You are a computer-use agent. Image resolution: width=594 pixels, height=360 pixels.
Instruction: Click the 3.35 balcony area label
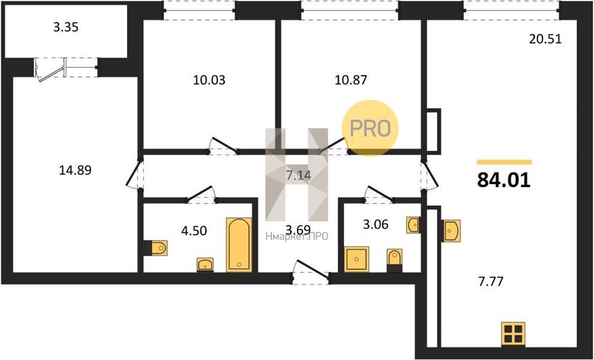click(65, 28)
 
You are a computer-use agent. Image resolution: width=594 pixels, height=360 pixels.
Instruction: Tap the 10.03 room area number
click(209, 80)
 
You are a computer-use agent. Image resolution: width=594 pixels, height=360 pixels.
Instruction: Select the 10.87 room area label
click(351, 80)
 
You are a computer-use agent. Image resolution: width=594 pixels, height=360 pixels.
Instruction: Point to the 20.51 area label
click(545, 39)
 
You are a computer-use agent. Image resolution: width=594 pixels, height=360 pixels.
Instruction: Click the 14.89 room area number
click(76, 171)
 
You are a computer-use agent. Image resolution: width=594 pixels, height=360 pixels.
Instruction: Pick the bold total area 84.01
click(503, 180)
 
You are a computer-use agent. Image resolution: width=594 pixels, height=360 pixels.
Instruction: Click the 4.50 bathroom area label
click(194, 230)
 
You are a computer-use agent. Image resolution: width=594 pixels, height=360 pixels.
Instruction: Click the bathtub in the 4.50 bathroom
click(239, 245)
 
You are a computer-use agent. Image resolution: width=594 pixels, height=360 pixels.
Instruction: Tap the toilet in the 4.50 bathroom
click(155, 248)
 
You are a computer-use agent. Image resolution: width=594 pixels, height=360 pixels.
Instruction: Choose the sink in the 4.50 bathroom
click(205, 265)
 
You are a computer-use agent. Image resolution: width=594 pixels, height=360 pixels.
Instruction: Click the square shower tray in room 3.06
click(356, 259)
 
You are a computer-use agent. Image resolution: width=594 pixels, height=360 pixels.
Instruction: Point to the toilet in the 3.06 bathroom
click(394, 260)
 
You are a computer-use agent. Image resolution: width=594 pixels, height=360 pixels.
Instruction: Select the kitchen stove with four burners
click(514, 334)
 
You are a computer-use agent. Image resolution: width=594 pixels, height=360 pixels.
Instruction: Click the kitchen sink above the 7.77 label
click(452, 230)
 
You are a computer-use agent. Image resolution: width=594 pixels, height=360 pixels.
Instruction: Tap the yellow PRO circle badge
click(370, 128)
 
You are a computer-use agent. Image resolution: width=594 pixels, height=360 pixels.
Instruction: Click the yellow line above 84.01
click(504, 162)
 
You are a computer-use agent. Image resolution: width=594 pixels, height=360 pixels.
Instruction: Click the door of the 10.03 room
click(224, 146)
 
